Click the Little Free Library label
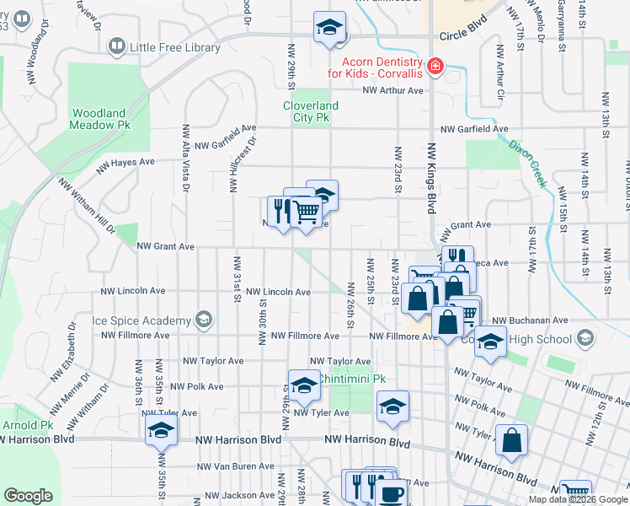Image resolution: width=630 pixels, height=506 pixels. (x=175, y=47)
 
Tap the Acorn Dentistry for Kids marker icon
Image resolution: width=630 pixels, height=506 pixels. (x=435, y=67)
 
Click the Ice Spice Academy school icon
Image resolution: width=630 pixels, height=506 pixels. (x=202, y=320)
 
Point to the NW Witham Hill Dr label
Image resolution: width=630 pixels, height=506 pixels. (x=86, y=205)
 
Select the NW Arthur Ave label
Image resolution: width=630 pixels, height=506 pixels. (x=392, y=91)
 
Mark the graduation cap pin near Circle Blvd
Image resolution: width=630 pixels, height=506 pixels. (x=329, y=27)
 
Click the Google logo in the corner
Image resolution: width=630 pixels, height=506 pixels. (x=28, y=496)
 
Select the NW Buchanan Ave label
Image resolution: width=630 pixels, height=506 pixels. (x=524, y=320)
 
